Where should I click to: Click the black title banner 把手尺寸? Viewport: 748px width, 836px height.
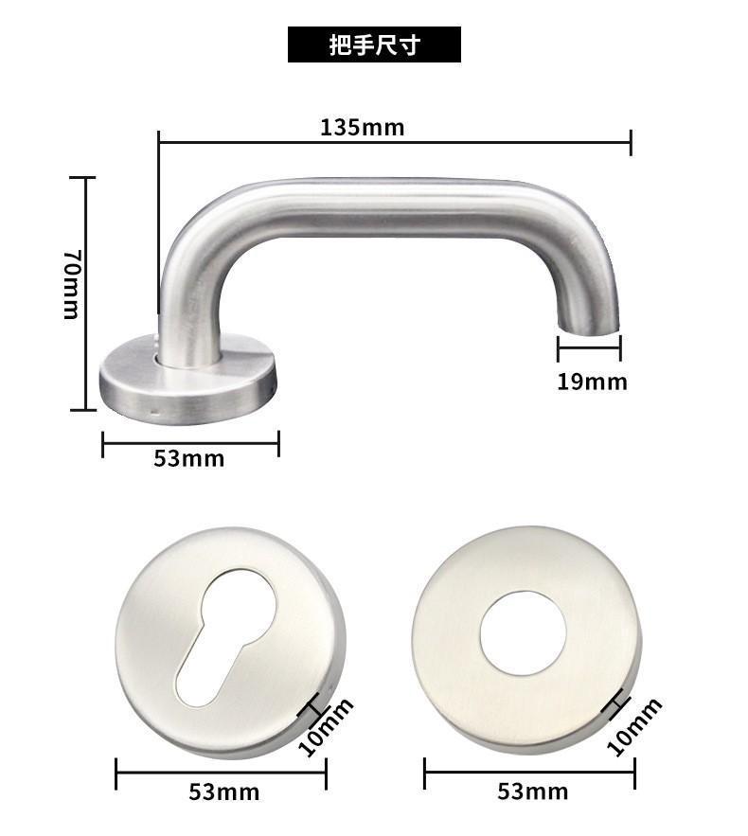point(374,44)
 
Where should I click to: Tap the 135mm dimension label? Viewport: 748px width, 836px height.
point(362,128)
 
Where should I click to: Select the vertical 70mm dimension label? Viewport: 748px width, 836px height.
point(71,284)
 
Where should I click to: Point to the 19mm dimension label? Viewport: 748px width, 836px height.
point(592,382)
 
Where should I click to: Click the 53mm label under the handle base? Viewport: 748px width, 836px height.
point(188,458)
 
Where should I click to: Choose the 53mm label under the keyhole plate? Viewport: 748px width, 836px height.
point(223,792)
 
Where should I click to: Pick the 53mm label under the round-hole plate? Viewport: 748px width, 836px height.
point(533,792)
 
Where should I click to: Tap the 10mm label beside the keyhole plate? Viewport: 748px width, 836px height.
point(325,727)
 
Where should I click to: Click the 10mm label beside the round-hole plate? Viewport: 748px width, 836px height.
point(634,726)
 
